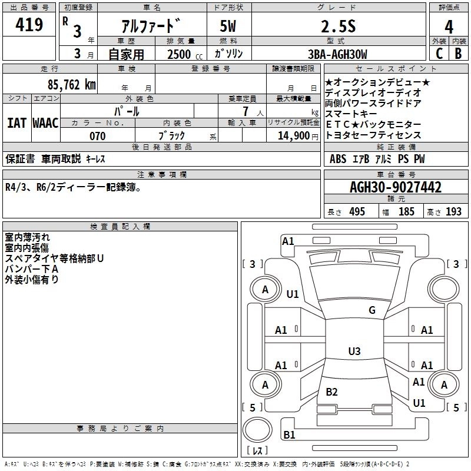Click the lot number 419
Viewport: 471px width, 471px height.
tap(30, 25)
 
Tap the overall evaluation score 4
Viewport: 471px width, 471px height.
tap(449, 26)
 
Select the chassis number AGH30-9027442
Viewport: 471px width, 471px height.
tap(396, 188)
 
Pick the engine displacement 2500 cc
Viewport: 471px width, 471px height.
tap(183, 54)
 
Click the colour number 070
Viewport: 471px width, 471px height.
tap(97, 136)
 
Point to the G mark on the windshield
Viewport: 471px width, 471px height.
tap(372, 310)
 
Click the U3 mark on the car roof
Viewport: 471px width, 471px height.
tap(354, 351)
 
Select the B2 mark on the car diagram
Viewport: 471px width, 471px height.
tap(331, 392)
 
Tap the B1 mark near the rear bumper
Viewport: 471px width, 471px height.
tap(290, 435)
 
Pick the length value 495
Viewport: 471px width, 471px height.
tap(356, 211)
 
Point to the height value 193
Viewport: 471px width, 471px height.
tap(454, 211)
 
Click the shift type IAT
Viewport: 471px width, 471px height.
tap(16, 123)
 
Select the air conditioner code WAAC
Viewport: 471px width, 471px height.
tap(45, 123)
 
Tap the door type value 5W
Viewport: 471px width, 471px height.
tap(229, 26)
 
